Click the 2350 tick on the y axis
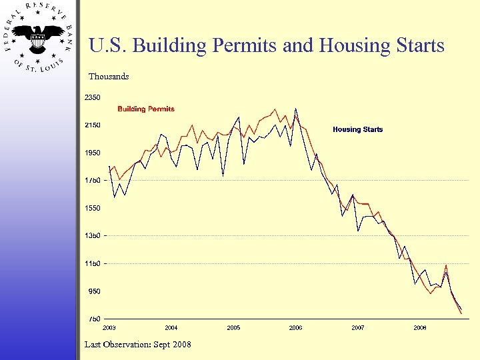coord(92,97)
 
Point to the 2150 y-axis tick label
coord(92,125)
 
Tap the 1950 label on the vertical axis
coord(92,153)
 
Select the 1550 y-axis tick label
coord(92,208)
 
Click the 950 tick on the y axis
coord(93,291)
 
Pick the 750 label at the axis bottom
coord(93,319)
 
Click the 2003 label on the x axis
coord(109,328)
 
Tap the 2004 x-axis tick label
coord(171,328)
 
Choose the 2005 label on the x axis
coord(233,328)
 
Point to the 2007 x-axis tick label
coord(358,328)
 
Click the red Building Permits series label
coord(146,109)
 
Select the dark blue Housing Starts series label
coord(358,129)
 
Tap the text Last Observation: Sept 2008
coord(138,344)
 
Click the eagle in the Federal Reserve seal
coord(39,37)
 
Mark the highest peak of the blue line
coord(295,109)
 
